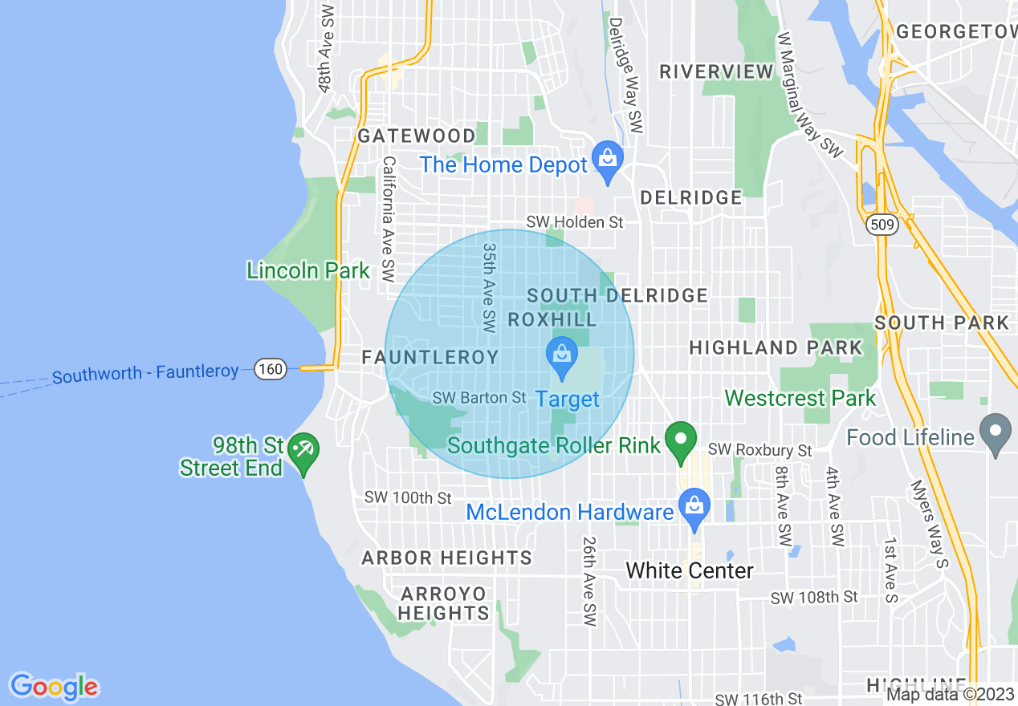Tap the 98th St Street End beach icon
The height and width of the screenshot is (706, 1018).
click(303, 451)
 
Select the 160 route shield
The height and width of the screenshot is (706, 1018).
click(271, 369)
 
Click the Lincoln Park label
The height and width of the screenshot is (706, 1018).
click(308, 271)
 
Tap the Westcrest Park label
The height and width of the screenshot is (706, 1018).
click(800, 398)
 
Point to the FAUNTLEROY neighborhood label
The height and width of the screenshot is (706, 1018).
click(430, 358)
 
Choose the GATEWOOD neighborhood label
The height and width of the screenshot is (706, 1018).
click(417, 136)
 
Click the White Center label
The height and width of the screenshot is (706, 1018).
click(689, 571)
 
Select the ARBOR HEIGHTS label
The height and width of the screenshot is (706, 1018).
click(446, 558)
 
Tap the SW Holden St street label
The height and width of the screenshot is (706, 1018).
click(575, 222)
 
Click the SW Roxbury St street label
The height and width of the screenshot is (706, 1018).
click(759, 452)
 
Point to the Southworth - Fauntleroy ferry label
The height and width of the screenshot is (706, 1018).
click(145, 374)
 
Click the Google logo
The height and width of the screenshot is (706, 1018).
click(54, 688)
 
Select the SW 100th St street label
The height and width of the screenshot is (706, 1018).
click(408, 498)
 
